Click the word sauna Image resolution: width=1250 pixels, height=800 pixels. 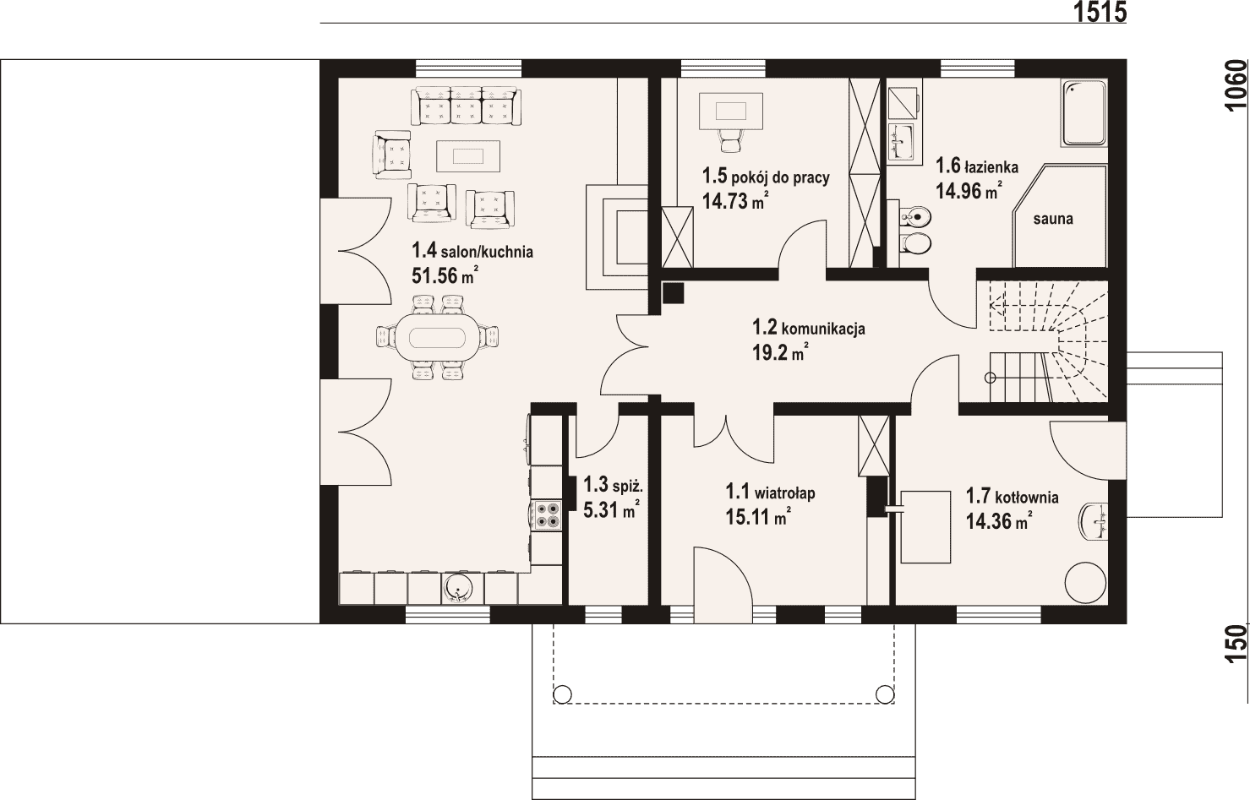(1053, 219)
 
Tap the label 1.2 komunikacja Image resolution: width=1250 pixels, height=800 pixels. (809, 327)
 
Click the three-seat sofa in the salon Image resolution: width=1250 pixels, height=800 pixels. (466, 106)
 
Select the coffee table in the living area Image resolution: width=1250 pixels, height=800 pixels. (468, 156)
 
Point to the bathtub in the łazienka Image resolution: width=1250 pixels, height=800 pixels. (1084, 113)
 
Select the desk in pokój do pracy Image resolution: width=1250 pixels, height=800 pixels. (730, 111)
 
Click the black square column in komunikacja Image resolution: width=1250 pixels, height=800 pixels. (674, 293)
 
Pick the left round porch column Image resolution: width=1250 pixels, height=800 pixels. (562, 694)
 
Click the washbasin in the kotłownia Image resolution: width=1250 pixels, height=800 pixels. (1094, 521)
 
